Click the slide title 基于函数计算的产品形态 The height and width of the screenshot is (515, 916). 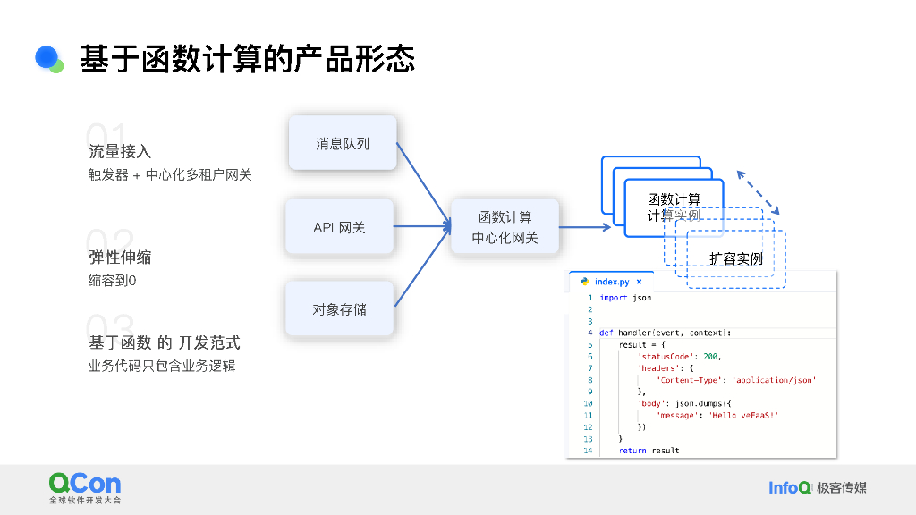[247, 59]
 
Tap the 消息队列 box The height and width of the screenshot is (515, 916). [342, 143]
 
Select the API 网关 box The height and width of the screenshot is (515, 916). [339, 227]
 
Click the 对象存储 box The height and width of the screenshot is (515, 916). [339, 309]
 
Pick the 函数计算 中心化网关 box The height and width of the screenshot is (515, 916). [505, 227]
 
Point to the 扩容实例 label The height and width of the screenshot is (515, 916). [735, 259]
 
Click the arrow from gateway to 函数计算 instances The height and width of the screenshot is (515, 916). [585, 227]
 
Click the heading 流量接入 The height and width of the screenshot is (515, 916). [120, 151]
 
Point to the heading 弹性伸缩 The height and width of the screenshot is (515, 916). [120, 257]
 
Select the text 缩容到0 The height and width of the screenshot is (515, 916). [112, 281]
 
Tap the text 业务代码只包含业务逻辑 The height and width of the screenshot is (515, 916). [162, 366]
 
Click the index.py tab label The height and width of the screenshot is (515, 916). [612, 282]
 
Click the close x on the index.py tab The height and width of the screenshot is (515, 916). [639, 282]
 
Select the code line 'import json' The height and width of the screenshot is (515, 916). [625, 298]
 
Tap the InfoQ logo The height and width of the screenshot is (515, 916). [790, 487]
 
